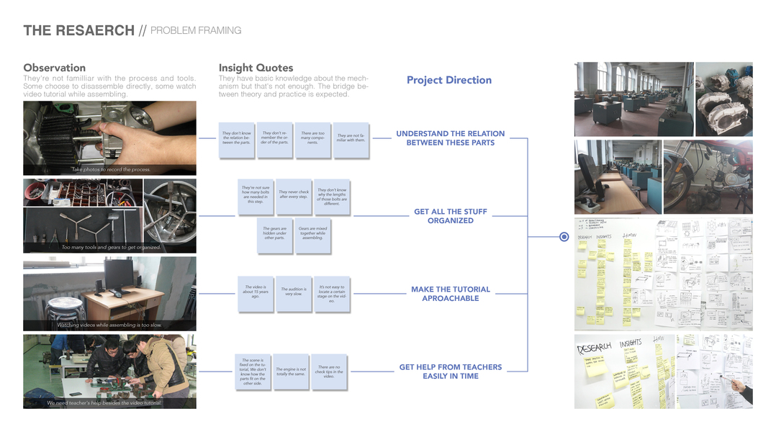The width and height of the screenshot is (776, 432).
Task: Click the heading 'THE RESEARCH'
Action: pyautogui.click(x=78, y=30)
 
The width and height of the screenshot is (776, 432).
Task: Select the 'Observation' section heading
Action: pyautogui.click(x=54, y=68)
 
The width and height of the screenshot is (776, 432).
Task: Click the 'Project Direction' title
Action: pyautogui.click(x=449, y=80)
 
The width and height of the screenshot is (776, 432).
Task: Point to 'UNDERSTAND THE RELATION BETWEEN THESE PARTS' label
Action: pyautogui.click(x=451, y=138)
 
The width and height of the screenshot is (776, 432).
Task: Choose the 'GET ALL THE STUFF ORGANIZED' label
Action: pyautogui.click(x=451, y=216)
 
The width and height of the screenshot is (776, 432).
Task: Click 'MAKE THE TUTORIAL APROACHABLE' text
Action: pyautogui.click(x=451, y=294)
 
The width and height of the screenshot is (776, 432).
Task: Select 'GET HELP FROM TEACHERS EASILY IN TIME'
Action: pyautogui.click(x=451, y=372)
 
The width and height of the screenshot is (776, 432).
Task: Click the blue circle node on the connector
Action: pyautogui.click(x=564, y=236)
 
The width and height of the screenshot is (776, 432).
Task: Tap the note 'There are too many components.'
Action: pyautogui.click(x=312, y=138)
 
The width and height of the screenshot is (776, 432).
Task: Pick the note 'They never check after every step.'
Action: pyautogui.click(x=294, y=195)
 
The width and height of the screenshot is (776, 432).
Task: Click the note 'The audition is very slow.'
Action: pyautogui.click(x=294, y=292)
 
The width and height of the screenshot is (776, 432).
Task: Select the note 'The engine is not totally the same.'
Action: pyautogui.click(x=292, y=372)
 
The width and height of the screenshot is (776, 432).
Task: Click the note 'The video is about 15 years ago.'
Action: pyautogui.click(x=255, y=292)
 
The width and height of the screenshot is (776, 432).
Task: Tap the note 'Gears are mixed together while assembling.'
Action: pyautogui.click(x=312, y=234)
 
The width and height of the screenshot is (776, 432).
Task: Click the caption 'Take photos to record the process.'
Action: pyautogui.click(x=110, y=170)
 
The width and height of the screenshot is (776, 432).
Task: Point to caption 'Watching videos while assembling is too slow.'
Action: pyautogui.click(x=109, y=325)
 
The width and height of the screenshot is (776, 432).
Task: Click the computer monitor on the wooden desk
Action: pyautogui.click(x=118, y=274)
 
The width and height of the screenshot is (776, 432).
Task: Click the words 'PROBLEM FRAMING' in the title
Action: pyautogui.click(x=196, y=30)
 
